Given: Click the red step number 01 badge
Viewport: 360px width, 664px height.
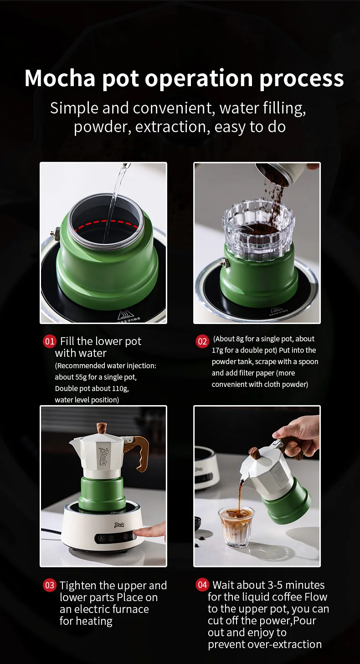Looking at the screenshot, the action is (50, 341).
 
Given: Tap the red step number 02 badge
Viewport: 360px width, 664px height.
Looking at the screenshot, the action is (202, 341).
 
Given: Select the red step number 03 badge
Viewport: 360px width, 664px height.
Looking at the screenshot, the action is (50, 586).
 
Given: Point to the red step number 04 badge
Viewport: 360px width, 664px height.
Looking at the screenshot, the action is (202, 585).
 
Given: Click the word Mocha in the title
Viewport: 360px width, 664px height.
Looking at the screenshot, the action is (60, 78).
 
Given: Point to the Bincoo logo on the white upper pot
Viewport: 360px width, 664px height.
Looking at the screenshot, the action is (103, 456).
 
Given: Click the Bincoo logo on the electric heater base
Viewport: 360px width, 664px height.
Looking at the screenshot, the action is (119, 525).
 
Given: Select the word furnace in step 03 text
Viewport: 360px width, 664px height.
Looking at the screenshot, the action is (131, 609).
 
